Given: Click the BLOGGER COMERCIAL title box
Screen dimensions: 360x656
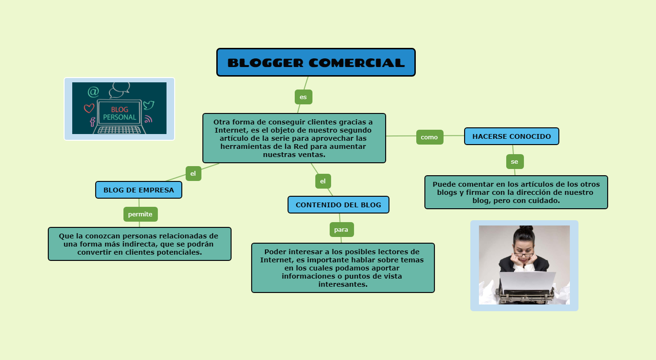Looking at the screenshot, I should pos(316,62).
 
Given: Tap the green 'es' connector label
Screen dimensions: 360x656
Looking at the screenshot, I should pos(303,97).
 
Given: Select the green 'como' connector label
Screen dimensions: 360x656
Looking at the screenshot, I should pos(429,137).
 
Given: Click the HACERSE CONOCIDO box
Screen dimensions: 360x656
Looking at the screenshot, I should pos(511,136).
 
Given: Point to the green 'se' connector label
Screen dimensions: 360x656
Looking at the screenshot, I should pos(514,162).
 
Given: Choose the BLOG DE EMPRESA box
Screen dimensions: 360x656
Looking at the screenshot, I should pos(139,190).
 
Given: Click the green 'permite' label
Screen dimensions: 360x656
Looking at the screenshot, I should pos(140,214).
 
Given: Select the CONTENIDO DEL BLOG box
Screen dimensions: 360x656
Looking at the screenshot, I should pos(338,204).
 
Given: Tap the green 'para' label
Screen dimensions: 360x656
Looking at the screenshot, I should pos(341,230).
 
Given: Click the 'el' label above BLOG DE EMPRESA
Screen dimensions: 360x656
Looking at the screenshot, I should pos(193,173).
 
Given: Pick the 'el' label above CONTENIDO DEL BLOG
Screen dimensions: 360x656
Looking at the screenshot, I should pos(323,181).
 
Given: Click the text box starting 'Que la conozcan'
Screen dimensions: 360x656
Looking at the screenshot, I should pos(139,244).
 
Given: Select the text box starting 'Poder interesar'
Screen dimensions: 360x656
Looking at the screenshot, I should pos(343,268).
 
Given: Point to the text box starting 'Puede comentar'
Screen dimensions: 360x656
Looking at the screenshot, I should pos(516,192).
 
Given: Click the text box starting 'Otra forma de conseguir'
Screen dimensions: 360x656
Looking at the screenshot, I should pos(294,138).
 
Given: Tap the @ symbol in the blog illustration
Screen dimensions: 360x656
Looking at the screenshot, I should pos(93,91).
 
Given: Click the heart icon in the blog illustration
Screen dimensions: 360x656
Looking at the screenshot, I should pos(89,108).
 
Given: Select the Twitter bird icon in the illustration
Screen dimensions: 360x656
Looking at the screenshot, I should pos(149,105).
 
